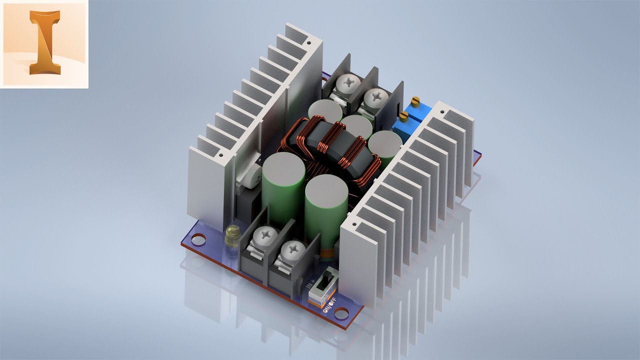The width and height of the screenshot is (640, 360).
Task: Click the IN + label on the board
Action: coord(311,286)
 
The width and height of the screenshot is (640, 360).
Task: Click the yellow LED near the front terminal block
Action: coord(232,233)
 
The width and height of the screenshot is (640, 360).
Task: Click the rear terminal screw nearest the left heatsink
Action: coord(345,82)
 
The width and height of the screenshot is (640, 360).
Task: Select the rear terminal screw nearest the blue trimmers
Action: coord(373,97)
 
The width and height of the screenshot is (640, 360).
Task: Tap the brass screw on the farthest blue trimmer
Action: coord(414,101)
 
